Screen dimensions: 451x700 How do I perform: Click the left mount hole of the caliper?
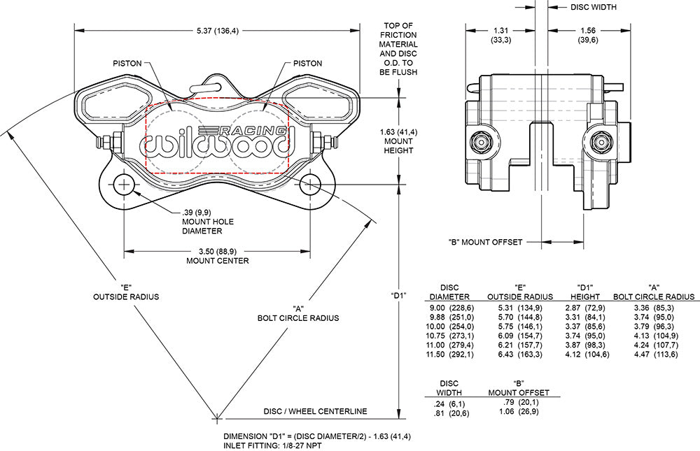pyautogui.click(x=125, y=185)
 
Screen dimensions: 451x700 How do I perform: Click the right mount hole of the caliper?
pyautogui.click(x=310, y=185)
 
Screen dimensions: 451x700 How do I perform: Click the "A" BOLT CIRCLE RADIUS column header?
pyautogui.click(x=654, y=292)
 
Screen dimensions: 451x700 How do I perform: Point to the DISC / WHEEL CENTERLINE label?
pyautogui.click(x=315, y=411)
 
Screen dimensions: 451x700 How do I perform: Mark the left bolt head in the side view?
pyautogui.click(x=482, y=142)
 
